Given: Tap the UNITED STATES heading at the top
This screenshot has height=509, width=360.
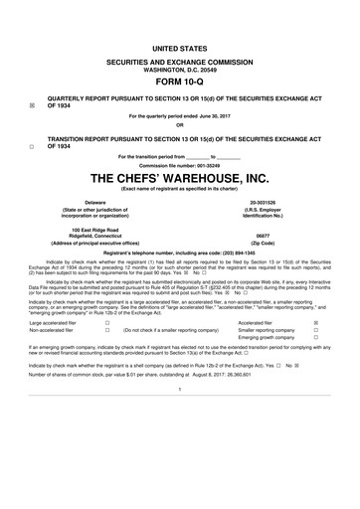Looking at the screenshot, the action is point(180,48).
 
